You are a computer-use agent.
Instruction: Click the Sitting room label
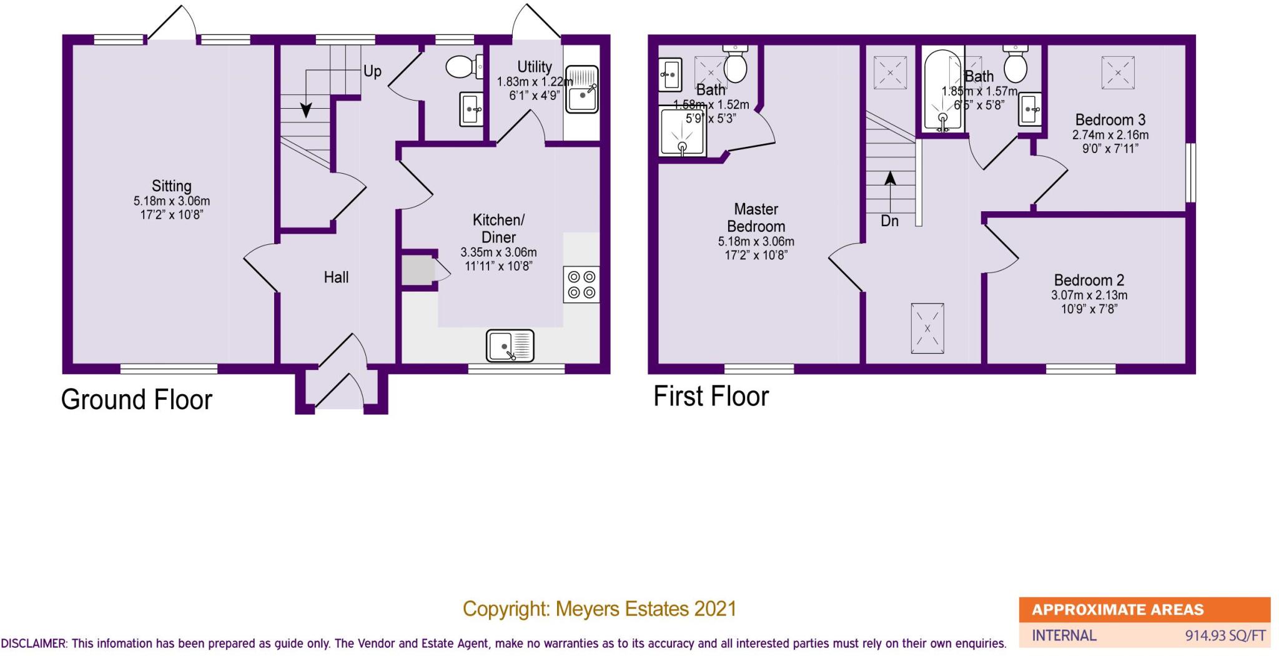pos(171,186)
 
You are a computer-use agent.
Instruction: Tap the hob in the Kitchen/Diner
pos(581,284)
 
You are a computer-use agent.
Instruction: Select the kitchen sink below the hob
pos(510,345)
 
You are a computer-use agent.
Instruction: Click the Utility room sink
pos(581,90)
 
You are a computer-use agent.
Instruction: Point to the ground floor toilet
pos(463,66)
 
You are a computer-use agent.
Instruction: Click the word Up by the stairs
pos(372,71)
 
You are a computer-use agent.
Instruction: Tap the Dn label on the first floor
pos(889,221)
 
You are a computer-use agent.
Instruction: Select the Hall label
pos(336,277)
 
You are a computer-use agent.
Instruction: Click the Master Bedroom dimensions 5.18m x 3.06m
pos(756,242)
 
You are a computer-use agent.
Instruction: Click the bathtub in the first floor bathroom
pos(943,92)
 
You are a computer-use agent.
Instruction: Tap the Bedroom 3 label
pos(1110,119)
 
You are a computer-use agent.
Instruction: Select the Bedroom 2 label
pos(1089,280)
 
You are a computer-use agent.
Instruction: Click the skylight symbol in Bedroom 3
pos(1118,73)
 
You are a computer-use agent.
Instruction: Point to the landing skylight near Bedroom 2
pos(927,329)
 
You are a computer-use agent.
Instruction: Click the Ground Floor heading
pos(137,400)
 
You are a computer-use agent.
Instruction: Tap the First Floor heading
pos(711,396)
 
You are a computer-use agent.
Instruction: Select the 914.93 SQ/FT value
pos(1225,636)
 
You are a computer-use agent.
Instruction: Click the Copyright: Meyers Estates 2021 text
pos(600,609)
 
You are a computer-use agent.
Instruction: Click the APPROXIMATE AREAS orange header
pos(1117,610)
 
